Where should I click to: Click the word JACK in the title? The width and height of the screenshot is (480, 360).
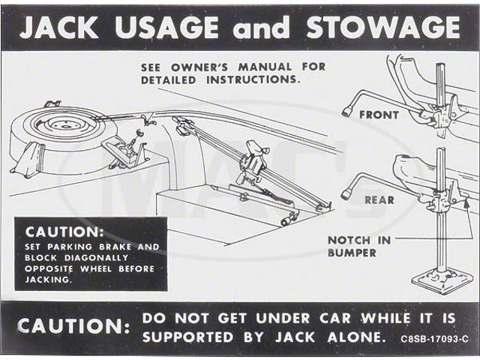[x=60, y=27]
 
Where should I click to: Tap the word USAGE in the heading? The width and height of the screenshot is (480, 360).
[x=166, y=27]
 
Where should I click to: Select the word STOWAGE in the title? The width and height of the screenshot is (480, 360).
[x=383, y=27]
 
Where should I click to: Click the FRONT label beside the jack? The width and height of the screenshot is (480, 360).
[x=379, y=115]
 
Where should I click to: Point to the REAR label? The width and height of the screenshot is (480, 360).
[x=379, y=200]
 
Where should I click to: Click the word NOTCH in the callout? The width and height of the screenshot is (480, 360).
[x=349, y=240]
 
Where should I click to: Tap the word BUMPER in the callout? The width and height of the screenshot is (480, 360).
[x=352, y=253]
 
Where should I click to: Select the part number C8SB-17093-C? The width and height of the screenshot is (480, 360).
[x=434, y=339]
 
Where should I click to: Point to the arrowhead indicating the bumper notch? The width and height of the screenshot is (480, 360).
[x=466, y=203]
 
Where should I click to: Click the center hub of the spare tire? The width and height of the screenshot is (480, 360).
[x=64, y=125]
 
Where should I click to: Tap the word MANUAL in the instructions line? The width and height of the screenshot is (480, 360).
[x=265, y=67]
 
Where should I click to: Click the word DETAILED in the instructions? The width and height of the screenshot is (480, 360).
[x=168, y=80]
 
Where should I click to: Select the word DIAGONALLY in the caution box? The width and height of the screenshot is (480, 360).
[x=97, y=258]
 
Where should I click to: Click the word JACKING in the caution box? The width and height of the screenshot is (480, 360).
[x=48, y=280]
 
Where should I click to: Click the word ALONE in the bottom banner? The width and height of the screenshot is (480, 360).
[x=355, y=337]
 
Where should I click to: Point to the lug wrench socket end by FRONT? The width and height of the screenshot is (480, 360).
[x=347, y=112]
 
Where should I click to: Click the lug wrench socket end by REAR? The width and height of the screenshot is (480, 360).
[x=346, y=194]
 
